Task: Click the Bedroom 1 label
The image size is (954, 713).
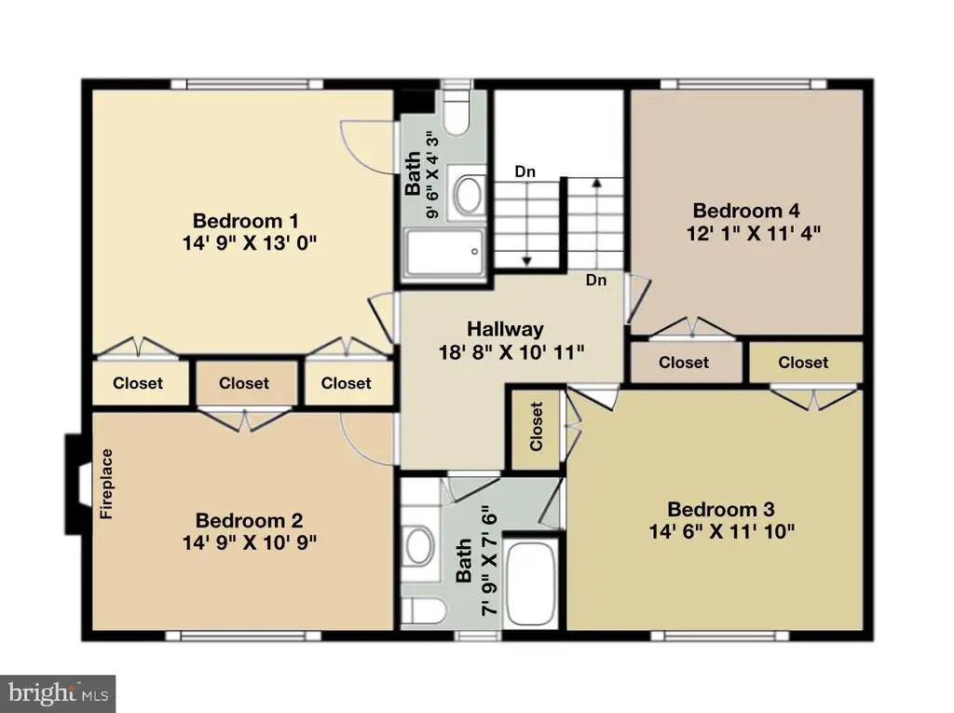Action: tap(245, 220)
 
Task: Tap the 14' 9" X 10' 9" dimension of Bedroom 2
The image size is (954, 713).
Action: tap(250, 542)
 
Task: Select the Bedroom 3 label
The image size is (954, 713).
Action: tap(721, 509)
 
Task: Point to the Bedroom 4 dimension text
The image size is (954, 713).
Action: tap(753, 233)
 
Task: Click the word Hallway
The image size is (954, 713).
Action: tap(505, 329)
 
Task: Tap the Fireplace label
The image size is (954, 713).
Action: tap(106, 484)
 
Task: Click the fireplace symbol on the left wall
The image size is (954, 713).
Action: tap(78, 484)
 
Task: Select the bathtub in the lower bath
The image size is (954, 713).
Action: tap(531, 583)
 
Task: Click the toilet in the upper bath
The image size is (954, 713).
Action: tap(457, 113)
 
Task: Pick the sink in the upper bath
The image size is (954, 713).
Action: tap(470, 195)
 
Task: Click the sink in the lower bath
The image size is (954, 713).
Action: tap(419, 546)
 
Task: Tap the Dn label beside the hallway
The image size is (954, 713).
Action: tap(596, 281)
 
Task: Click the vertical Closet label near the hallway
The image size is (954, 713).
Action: tap(536, 426)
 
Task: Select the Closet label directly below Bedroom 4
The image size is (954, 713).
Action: tap(684, 363)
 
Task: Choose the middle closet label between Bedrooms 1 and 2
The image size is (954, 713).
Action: tap(244, 383)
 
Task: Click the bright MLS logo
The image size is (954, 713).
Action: tap(58, 693)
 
